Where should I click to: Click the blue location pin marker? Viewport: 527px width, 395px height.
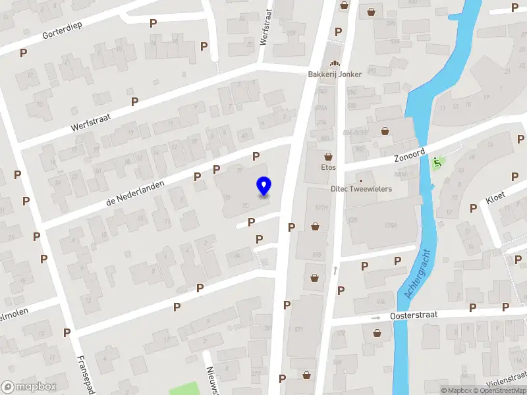pyautogui.click(x=264, y=186)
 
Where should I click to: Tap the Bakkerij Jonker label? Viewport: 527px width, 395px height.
pyautogui.click(x=335, y=74)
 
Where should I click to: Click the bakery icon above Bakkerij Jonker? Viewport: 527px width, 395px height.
pyautogui.click(x=335, y=63)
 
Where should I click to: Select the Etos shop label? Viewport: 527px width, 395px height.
pyautogui.click(x=329, y=167)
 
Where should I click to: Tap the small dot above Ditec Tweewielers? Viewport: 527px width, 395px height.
pyautogui.click(x=360, y=180)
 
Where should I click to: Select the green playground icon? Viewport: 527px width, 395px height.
pyautogui.click(x=436, y=162)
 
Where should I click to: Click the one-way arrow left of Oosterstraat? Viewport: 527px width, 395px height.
pyautogui.click(x=376, y=317)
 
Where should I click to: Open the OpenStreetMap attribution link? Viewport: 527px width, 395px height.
pyautogui.click(x=501, y=390)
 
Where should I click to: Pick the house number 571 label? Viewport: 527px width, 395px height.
pyautogui.click(x=300, y=330)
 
